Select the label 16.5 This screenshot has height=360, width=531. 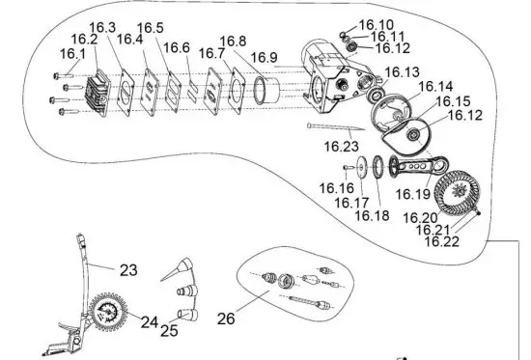(150, 26)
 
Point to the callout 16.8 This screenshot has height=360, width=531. (233, 42)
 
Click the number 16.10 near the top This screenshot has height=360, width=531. (376, 23)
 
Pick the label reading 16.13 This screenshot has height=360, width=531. (402, 72)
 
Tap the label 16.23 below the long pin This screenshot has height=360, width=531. (340, 147)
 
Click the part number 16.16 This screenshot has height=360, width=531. (336, 188)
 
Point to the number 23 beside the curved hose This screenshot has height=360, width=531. (130, 271)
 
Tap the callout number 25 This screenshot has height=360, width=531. (170, 331)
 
